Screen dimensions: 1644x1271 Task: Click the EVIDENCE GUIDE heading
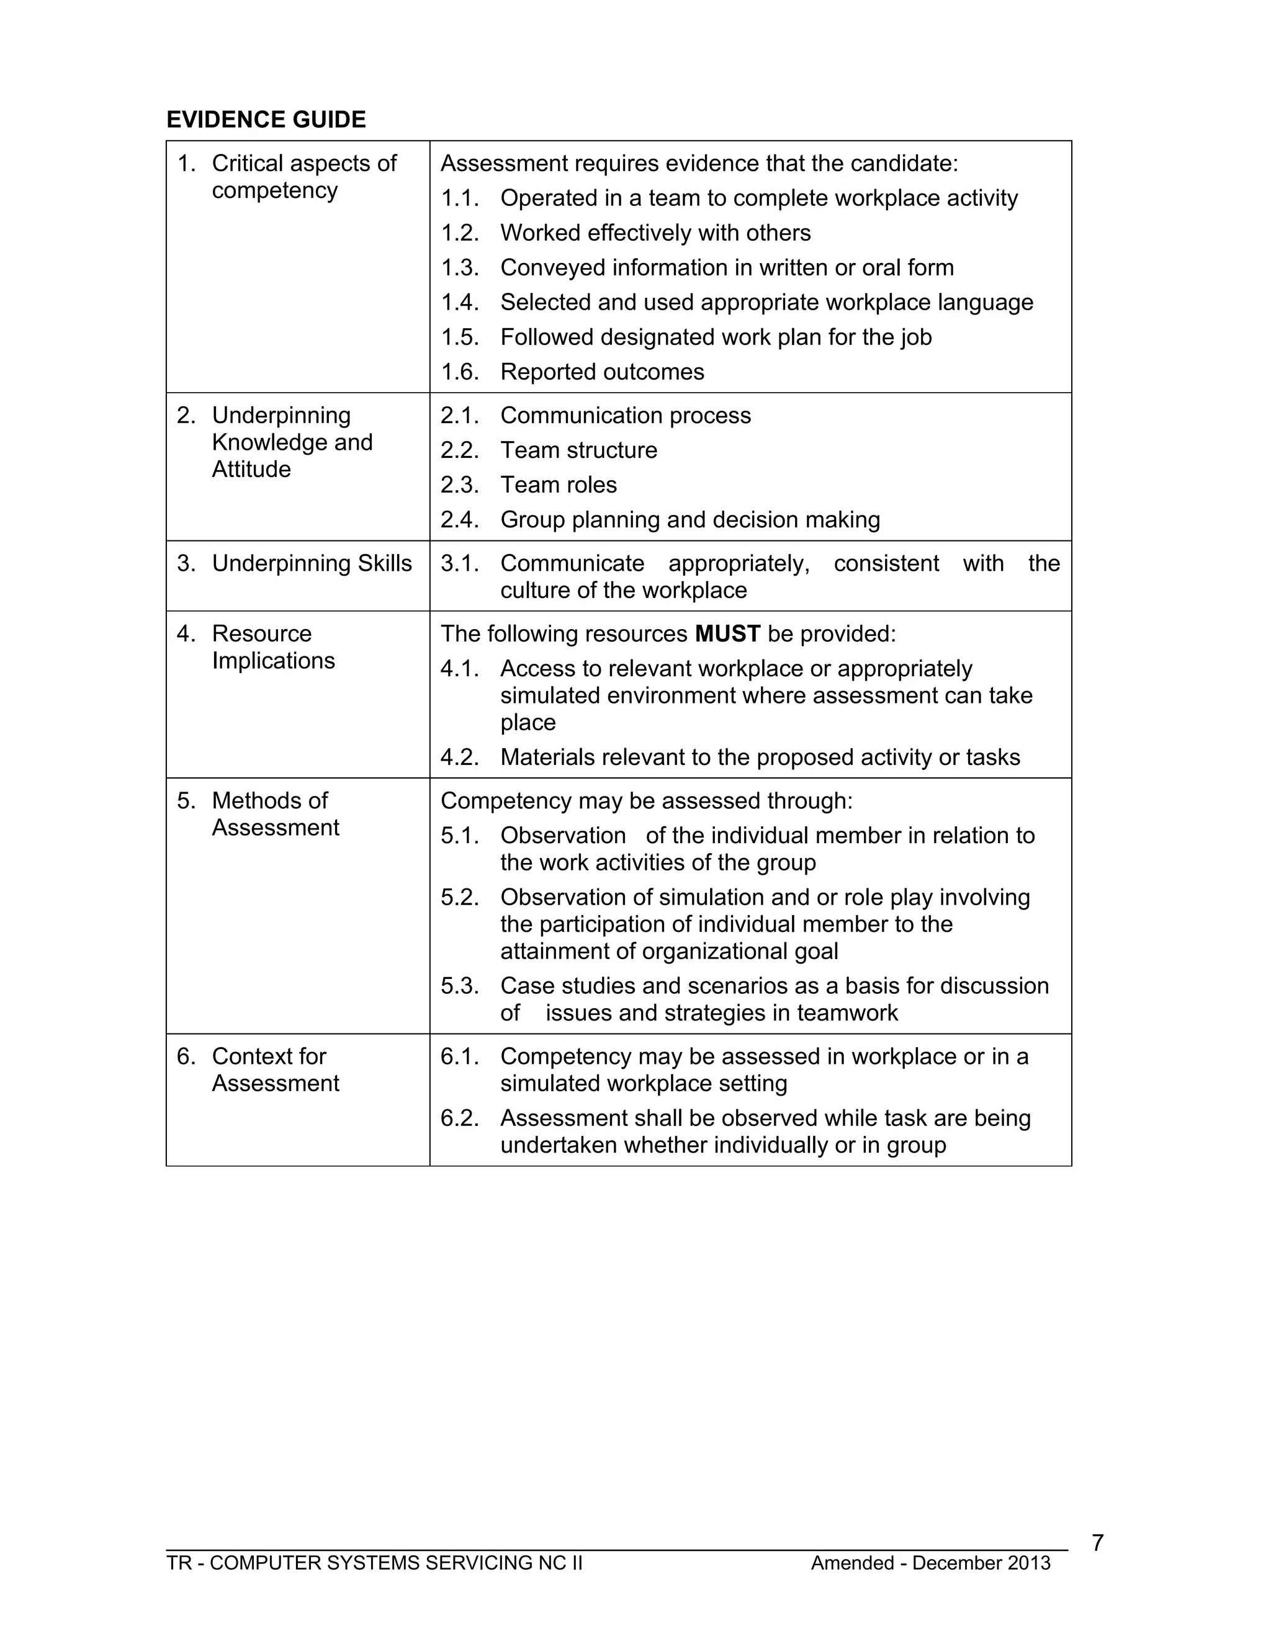[x=266, y=120]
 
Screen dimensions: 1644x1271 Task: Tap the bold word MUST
[x=727, y=634]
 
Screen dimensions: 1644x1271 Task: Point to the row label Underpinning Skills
[x=311, y=563]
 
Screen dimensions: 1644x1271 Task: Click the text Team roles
[x=558, y=485]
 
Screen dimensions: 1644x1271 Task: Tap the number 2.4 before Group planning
[x=459, y=519]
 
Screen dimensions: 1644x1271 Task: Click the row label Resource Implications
[x=272, y=647]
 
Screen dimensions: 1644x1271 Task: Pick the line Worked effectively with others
[x=655, y=233]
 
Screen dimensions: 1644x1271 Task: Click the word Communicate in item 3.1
[x=572, y=563]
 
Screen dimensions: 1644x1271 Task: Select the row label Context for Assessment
[x=275, y=1070]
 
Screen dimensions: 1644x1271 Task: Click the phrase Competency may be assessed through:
[x=646, y=800]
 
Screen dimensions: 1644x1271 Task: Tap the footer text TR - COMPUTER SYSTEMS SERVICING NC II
[x=374, y=1563]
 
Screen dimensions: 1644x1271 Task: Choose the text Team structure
[x=578, y=450]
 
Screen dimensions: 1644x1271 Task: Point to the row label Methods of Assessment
[x=275, y=814]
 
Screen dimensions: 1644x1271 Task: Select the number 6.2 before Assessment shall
[x=459, y=1118]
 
